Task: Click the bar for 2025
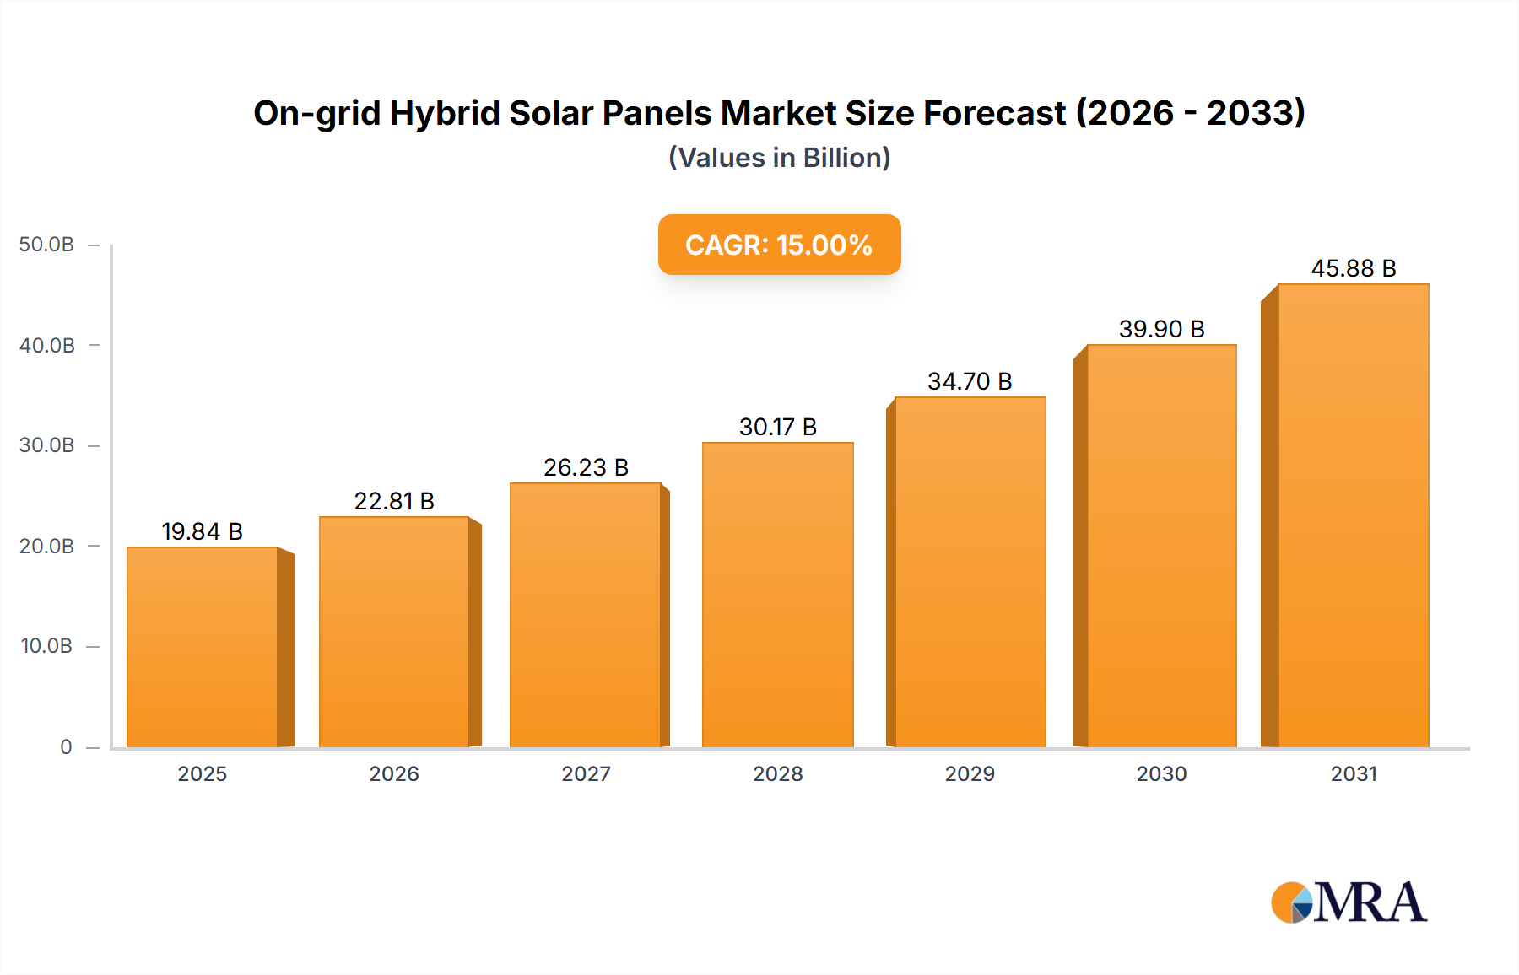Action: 203,647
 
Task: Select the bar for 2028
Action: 777,595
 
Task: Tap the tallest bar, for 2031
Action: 1353,515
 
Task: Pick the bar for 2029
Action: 970,572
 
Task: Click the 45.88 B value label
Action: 1353,268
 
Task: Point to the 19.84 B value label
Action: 203,531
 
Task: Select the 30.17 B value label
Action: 777,427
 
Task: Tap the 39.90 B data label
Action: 1161,329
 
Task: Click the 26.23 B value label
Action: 586,467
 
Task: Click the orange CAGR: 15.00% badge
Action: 779,245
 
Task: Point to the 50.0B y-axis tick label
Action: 46,245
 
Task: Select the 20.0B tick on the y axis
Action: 46,547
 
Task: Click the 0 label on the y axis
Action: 66,747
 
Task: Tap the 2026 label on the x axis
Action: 394,773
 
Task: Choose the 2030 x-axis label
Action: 1161,773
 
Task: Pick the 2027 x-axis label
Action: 586,773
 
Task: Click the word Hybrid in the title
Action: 445,113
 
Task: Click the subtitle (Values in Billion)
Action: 779,158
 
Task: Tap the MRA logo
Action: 1349,902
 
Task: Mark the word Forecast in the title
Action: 995,113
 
